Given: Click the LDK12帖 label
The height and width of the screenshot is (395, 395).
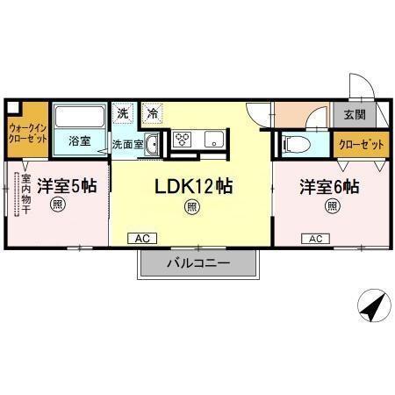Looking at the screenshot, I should pyautogui.click(x=193, y=186).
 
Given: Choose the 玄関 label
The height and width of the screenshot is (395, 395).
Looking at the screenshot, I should pyautogui.click(x=355, y=115).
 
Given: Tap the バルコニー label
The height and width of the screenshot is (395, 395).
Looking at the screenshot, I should pyautogui.click(x=197, y=263).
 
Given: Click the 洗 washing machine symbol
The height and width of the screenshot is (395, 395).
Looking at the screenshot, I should pyautogui.click(x=124, y=112).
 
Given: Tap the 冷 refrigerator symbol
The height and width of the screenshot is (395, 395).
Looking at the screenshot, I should pyautogui.click(x=152, y=112).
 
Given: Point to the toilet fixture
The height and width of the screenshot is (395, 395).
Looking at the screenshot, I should pyautogui.click(x=298, y=142).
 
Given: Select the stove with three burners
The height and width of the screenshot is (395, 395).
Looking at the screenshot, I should pyautogui.click(x=184, y=139).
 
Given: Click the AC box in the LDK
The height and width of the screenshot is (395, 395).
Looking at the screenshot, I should pyautogui.click(x=140, y=238).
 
